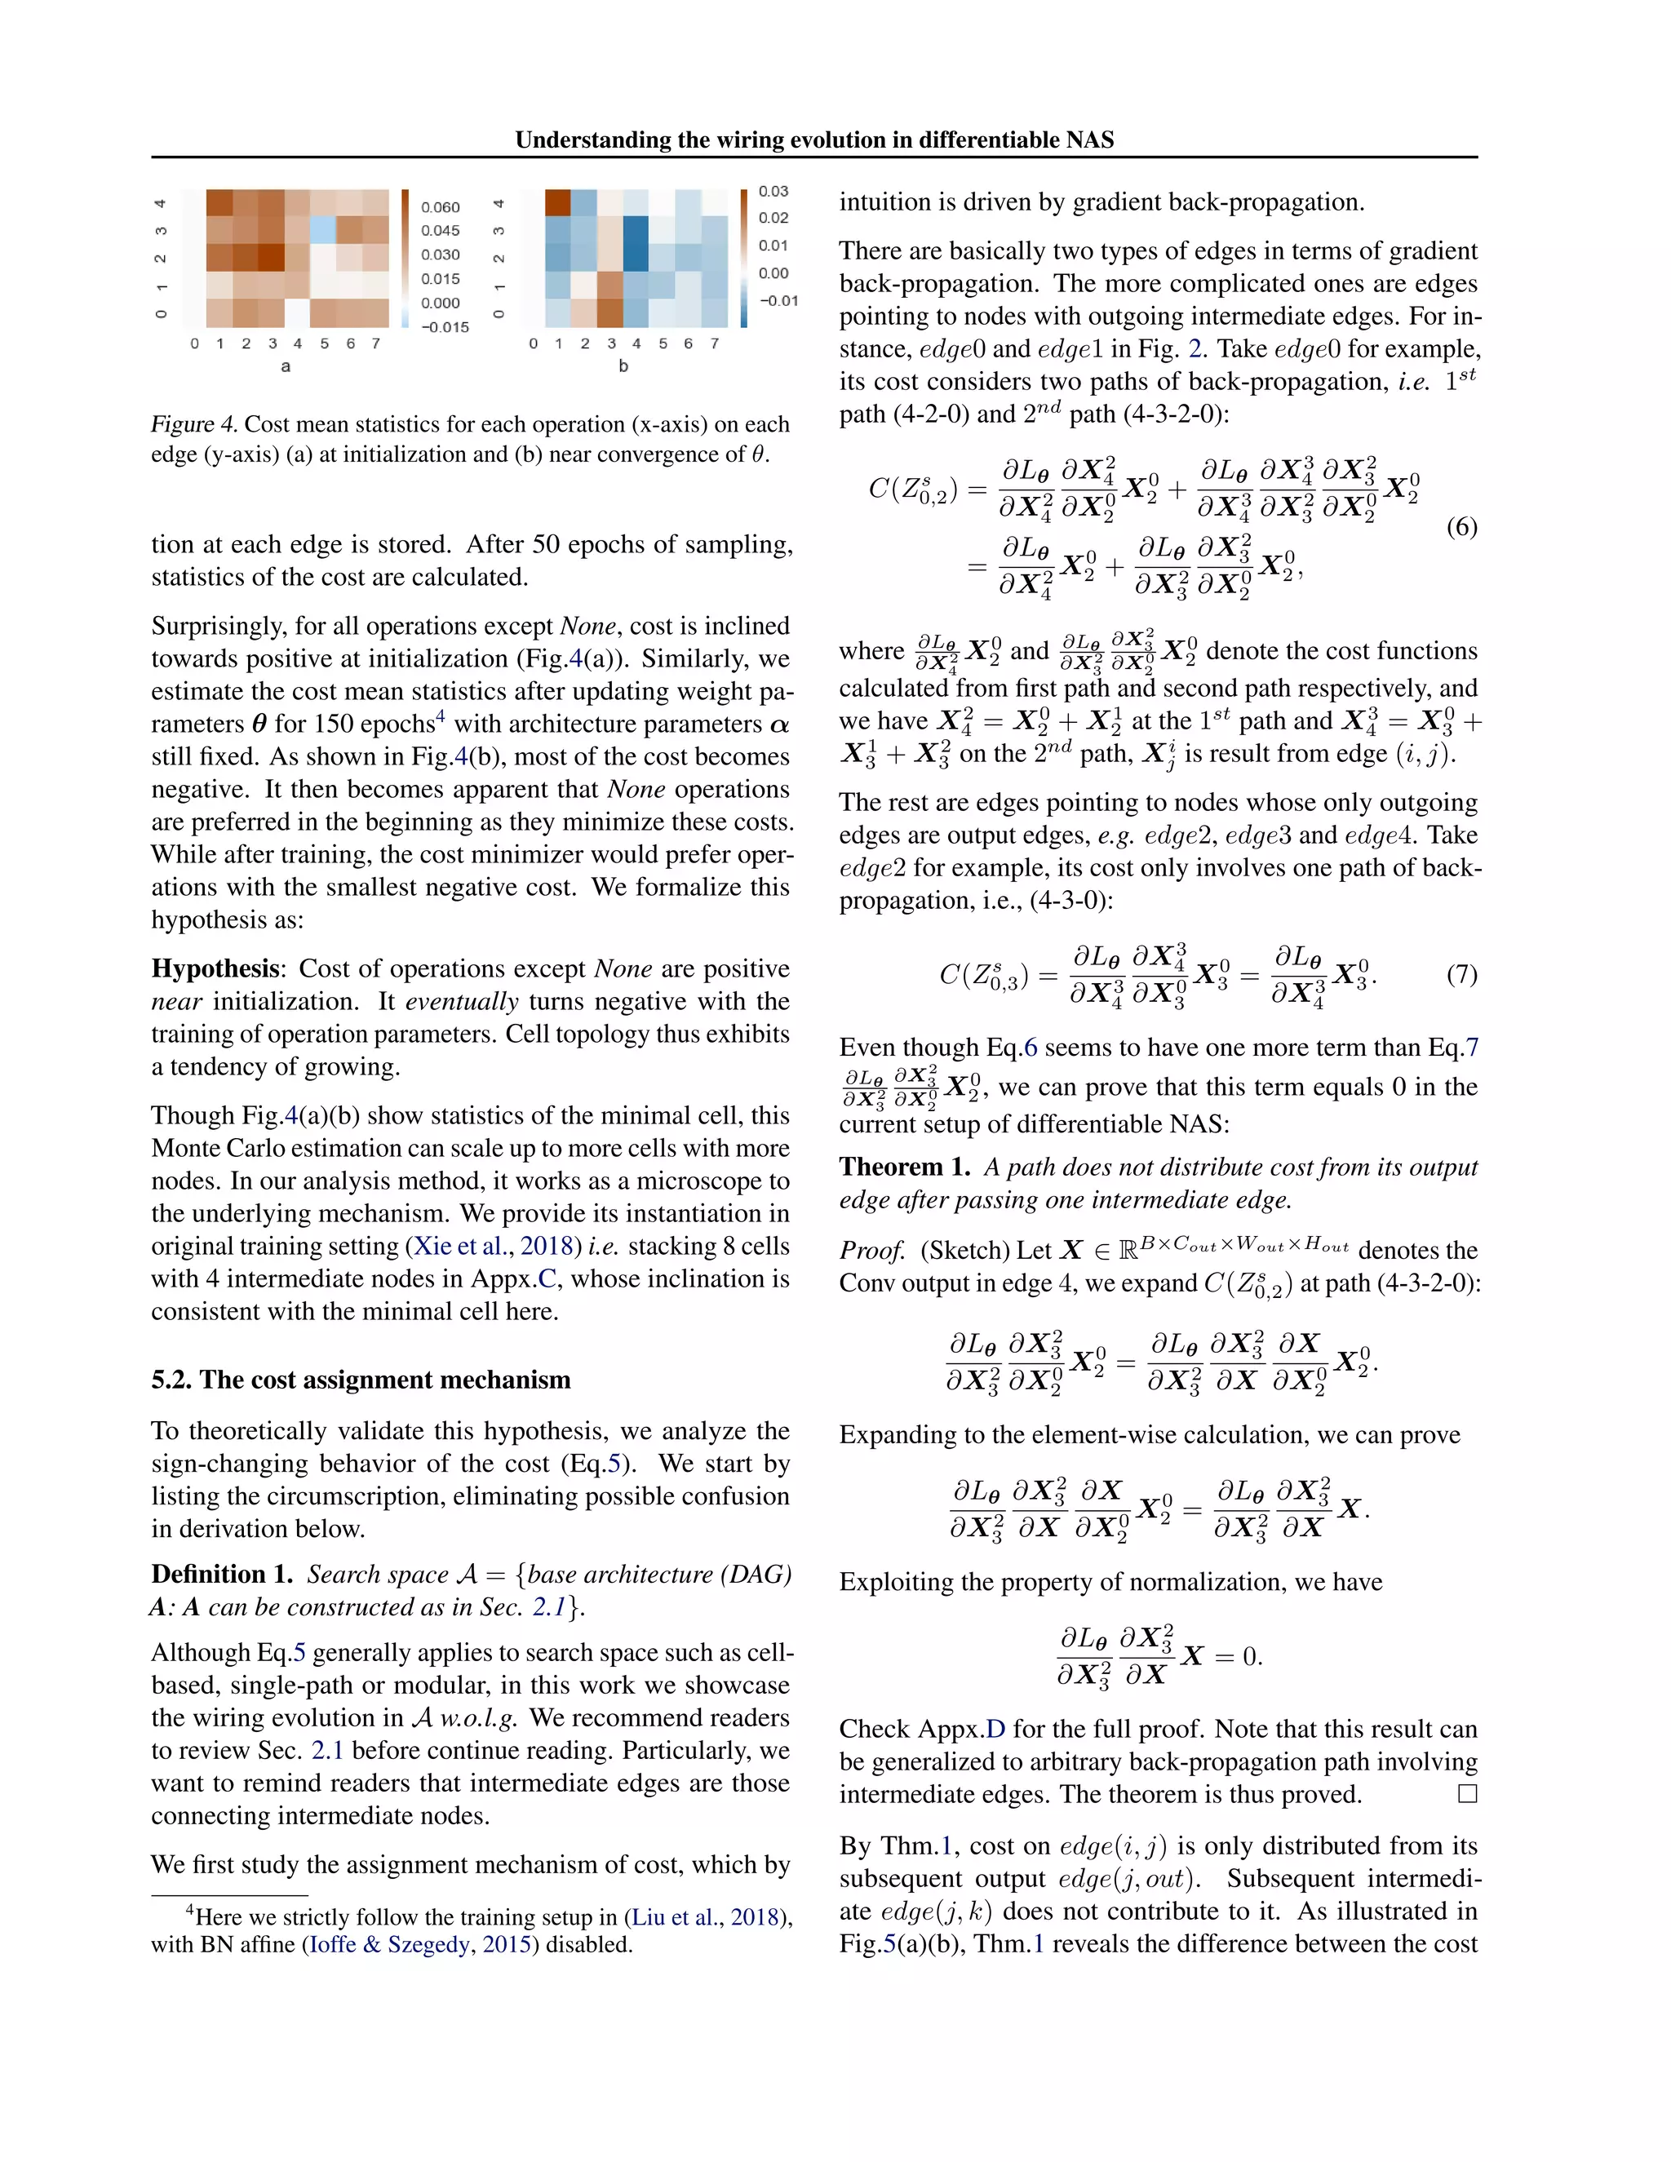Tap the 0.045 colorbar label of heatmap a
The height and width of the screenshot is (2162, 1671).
(x=441, y=231)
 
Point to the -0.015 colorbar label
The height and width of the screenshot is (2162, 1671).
(x=444, y=326)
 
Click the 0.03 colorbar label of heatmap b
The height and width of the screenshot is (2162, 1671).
(x=773, y=191)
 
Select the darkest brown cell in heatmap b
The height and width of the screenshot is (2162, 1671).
(x=557, y=202)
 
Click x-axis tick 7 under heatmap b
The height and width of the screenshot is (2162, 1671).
(x=714, y=343)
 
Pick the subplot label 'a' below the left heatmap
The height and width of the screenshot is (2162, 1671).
(x=286, y=366)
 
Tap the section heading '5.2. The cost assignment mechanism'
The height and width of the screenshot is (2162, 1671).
(x=361, y=1380)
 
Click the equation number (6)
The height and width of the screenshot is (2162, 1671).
(x=1461, y=527)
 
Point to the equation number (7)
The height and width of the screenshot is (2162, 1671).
(x=1461, y=975)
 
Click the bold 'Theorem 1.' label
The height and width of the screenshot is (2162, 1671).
(x=904, y=1167)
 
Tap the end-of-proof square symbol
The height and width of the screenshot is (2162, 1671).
(x=1467, y=1794)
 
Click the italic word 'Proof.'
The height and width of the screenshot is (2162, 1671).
(x=872, y=1250)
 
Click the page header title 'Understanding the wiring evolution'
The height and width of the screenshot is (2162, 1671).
(x=813, y=140)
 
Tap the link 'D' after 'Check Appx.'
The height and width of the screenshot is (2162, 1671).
(x=995, y=1730)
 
